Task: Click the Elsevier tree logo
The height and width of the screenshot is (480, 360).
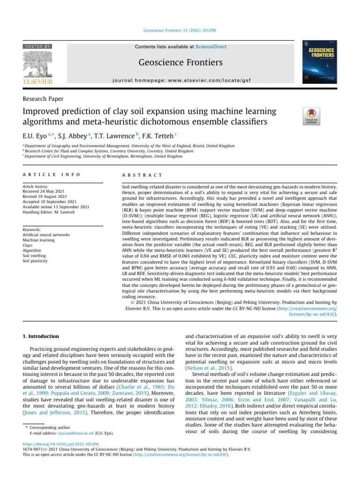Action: point(38,65)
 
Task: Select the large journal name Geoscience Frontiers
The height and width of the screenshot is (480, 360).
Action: point(180,63)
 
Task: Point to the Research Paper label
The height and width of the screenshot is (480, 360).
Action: point(43,99)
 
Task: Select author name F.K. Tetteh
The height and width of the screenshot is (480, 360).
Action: point(158,135)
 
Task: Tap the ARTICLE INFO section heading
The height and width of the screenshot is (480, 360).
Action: point(52,175)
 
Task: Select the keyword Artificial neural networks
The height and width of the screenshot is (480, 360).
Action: point(46,235)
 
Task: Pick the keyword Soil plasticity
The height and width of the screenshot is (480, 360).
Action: point(36,261)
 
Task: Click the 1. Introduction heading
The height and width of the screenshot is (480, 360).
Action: point(41,336)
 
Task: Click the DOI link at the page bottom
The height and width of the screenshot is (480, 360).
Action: point(61,443)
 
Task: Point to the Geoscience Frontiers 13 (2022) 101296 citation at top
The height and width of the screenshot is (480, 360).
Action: point(180,31)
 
